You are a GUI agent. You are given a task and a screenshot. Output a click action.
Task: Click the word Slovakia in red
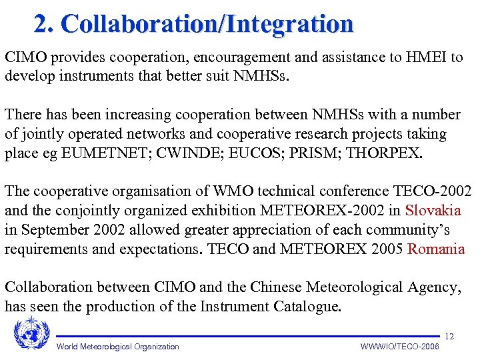pos(433,211)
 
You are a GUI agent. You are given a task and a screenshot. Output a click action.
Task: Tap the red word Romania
pos(437,249)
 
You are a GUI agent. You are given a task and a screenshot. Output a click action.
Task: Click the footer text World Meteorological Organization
pos(118,347)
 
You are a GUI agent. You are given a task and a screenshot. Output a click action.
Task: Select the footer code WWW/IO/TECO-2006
pos(399,347)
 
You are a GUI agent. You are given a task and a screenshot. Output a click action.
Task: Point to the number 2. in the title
pos(45,24)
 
